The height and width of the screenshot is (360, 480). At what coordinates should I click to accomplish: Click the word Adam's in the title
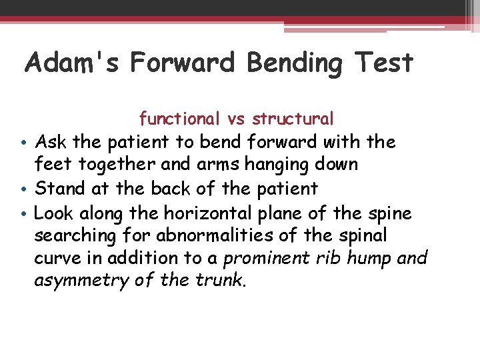[72, 63]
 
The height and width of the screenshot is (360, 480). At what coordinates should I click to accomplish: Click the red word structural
[292, 119]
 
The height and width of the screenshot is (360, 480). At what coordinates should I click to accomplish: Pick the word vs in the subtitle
[236, 119]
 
